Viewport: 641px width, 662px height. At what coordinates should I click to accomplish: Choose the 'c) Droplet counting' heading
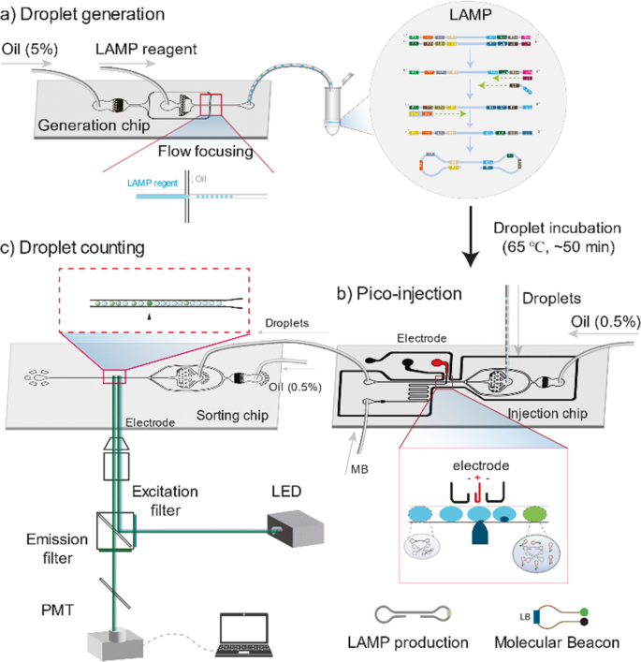tap(76, 248)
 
